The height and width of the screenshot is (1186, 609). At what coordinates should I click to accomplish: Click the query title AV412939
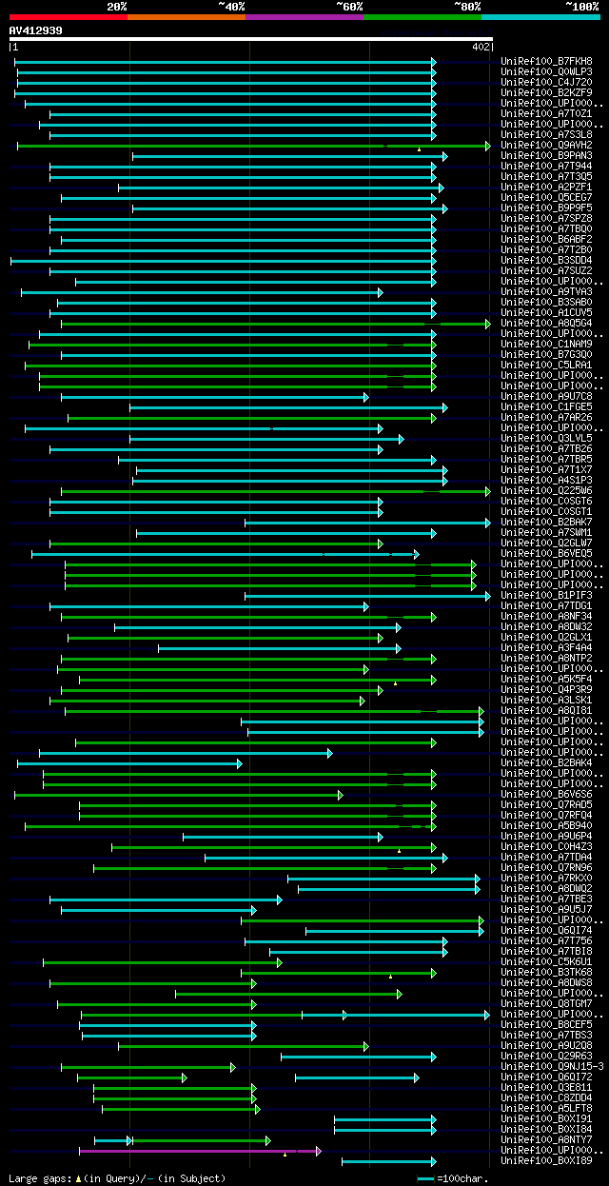pyautogui.click(x=36, y=30)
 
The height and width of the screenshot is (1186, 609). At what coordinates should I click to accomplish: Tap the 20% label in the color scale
pyautogui.click(x=117, y=6)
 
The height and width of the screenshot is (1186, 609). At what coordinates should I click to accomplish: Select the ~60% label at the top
pyautogui.click(x=350, y=6)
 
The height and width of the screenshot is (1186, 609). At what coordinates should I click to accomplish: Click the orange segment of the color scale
pyautogui.click(x=186, y=16)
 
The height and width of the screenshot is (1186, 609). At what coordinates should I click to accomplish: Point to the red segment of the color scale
pyautogui.click(x=68, y=16)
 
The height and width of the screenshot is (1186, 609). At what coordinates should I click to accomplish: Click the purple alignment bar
pyautogui.click(x=190, y=1151)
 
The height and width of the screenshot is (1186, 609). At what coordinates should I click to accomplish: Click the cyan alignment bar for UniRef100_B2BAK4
pyautogui.click(x=128, y=763)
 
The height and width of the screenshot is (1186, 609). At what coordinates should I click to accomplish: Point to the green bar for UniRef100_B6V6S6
pyautogui.click(x=177, y=795)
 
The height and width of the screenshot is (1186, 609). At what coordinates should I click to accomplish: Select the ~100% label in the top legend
pyautogui.click(x=582, y=6)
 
